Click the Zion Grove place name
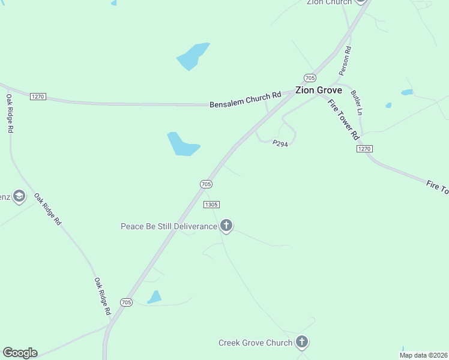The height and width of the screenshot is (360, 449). [x=318, y=91]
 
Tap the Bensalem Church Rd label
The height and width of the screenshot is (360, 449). [x=245, y=100]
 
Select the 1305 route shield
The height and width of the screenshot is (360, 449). [x=211, y=205]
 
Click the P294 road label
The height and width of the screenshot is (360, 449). [x=280, y=144]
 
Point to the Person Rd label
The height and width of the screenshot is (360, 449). [x=345, y=61]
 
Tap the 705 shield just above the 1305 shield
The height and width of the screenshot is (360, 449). [x=205, y=184]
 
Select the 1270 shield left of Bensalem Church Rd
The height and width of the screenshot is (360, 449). [x=38, y=96]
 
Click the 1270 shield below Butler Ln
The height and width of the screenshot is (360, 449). [x=364, y=148]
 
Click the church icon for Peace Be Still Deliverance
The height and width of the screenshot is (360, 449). [x=226, y=226]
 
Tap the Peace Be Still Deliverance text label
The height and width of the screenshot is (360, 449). [x=169, y=226]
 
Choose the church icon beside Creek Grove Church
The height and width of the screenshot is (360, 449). [x=301, y=343]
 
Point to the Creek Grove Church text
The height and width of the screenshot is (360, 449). [x=255, y=343]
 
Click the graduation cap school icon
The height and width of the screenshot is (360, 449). [x=19, y=196]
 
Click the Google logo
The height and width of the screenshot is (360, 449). [x=20, y=353]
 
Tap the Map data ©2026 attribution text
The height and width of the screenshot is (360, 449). [x=423, y=355]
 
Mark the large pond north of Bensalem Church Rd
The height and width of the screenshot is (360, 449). [x=193, y=56]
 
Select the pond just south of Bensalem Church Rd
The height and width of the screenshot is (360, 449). [x=181, y=145]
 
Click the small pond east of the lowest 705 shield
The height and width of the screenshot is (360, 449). [x=154, y=297]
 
